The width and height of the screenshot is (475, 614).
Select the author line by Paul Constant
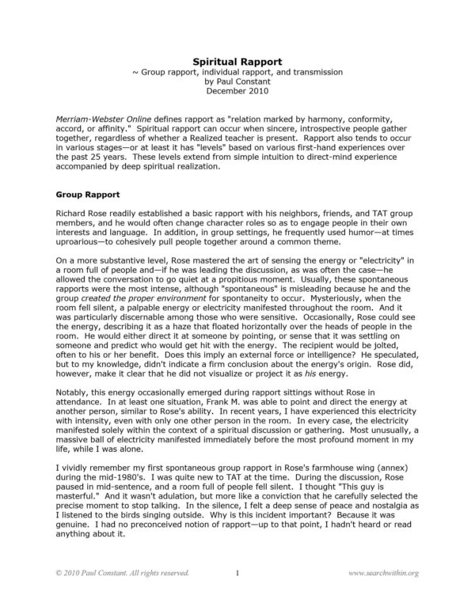[x=237, y=80]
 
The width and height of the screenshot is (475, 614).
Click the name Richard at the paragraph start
[x=72, y=214]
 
